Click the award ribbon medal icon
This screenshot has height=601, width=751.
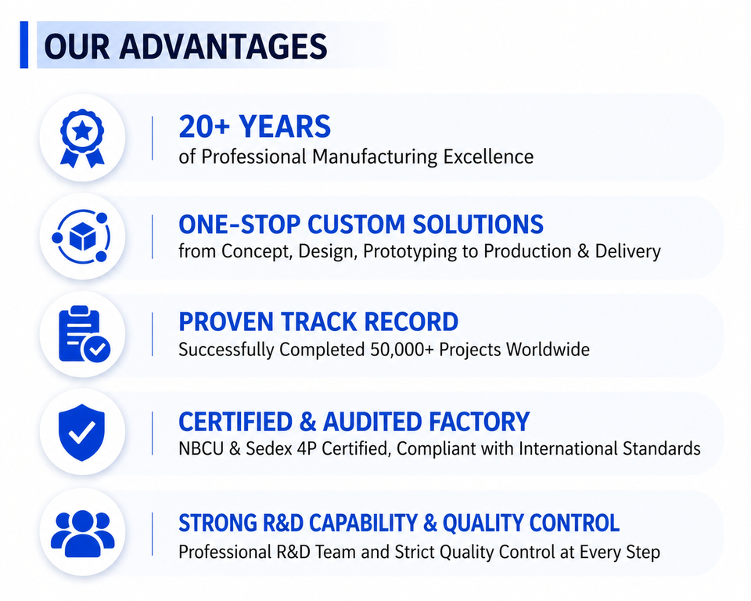pos(82,139)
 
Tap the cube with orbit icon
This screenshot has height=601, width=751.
pos(81,237)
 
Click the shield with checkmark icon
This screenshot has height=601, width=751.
pos(82,432)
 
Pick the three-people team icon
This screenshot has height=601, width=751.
pos(82,534)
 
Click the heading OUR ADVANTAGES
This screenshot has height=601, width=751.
pos(185,46)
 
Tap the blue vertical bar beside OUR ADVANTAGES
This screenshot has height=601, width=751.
pos(24,45)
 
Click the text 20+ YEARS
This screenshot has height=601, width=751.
pos(255,127)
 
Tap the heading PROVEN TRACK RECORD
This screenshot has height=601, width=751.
pos(318,322)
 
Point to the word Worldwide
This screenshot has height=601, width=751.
pos(548,349)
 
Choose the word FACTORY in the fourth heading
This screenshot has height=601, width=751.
pos(480,422)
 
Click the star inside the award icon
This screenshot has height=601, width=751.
pos(82,130)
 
